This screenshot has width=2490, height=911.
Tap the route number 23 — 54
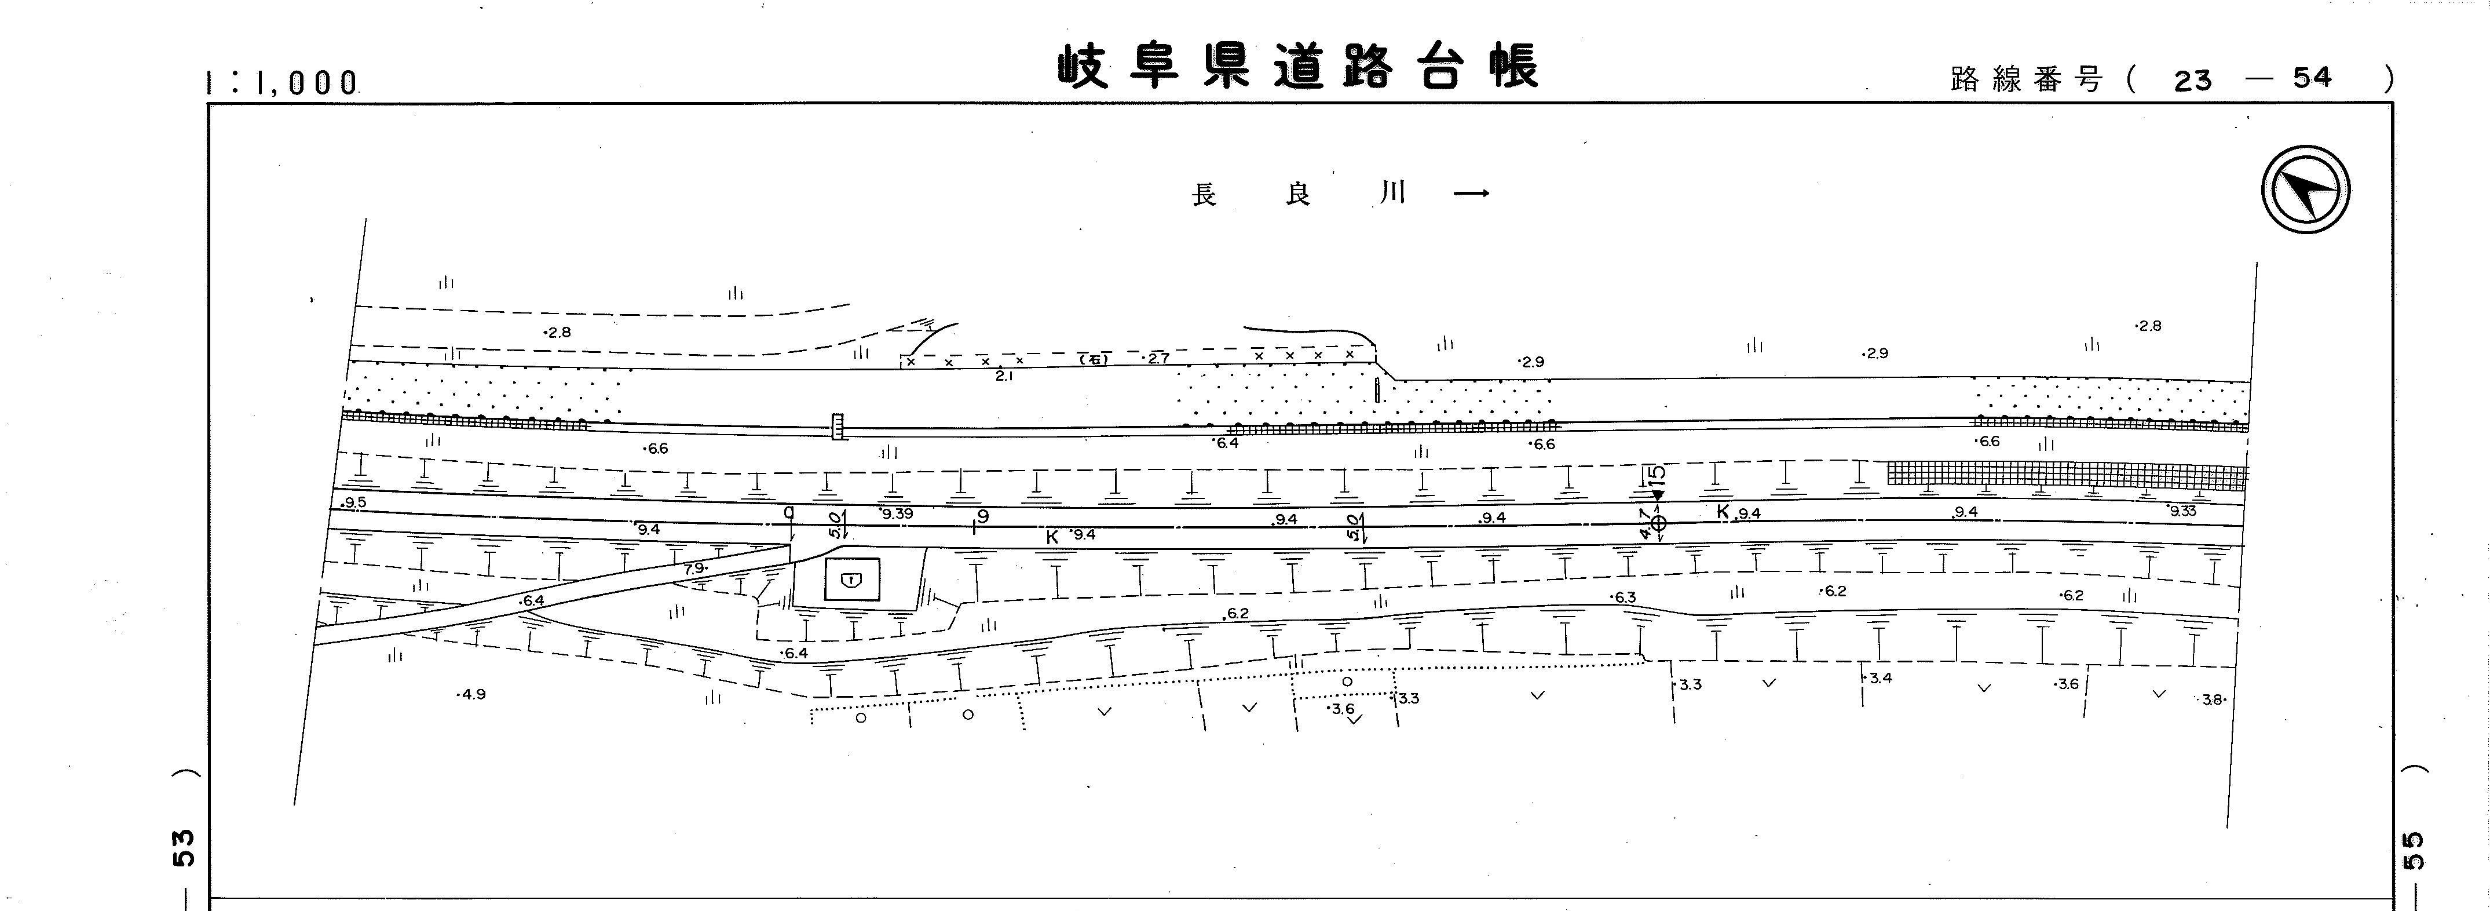[2252, 78]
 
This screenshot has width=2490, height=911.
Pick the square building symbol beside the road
[851, 580]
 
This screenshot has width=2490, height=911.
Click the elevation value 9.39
[897, 513]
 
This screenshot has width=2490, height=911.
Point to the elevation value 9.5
[354, 503]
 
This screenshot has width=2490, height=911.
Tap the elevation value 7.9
[695, 569]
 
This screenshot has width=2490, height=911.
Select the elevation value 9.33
[2182, 511]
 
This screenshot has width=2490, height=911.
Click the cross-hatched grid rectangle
[2067, 474]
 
